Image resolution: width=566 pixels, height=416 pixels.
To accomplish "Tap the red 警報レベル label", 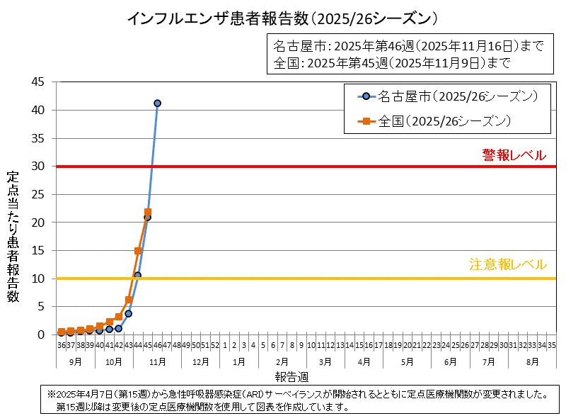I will click(x=514, y=155).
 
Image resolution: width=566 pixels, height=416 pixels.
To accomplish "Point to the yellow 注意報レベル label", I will click(x=508, y=264).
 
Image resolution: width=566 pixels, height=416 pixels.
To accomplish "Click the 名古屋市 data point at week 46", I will click(x=157, y=103).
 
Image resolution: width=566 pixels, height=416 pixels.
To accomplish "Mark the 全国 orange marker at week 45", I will click(x=148, y=212).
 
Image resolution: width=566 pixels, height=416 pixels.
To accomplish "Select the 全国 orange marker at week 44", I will click(x=138, y=251).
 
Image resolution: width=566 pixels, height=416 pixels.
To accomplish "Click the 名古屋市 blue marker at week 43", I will click(x=128, y=313).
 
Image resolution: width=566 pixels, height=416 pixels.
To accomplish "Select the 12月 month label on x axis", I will click(x=200, y=361).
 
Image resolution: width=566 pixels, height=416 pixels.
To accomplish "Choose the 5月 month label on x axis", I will click(x=407, y=361).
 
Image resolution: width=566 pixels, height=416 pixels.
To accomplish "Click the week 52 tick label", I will click(x=214, y=345).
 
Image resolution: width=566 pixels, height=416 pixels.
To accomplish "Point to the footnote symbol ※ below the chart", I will click(x=51, y=393).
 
